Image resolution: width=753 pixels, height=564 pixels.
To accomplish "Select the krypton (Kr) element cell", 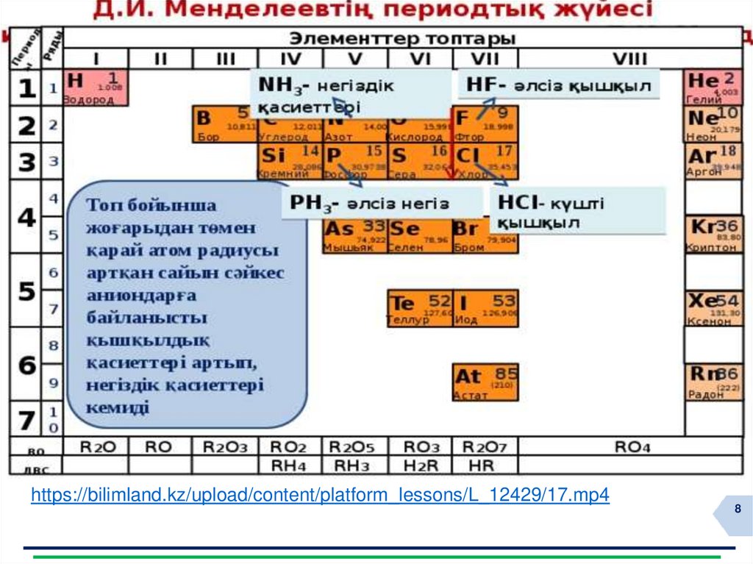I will pos(712,235).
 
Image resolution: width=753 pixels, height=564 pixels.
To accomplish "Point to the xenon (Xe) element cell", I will pos(712,308).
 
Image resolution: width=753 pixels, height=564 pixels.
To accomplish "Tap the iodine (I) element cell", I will pos(485,308).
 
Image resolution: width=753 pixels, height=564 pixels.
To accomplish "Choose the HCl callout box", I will pos(577,210).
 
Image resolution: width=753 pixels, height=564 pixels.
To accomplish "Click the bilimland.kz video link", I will pos(320,495).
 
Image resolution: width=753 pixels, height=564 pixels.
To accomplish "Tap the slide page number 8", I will pos(737,510).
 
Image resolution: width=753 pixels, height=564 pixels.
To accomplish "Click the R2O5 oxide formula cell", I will pos(355,446).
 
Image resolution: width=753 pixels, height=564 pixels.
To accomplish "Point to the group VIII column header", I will pos(631,59).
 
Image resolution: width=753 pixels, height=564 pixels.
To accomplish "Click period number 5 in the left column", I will pos(26,292).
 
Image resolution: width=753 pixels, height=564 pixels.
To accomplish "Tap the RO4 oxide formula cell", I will pos(631,446).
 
